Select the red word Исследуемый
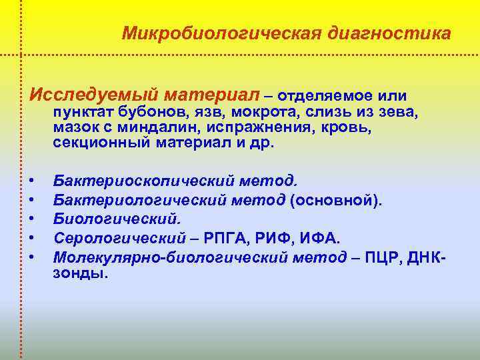click(82, 95)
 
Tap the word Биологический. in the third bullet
click(117, 218)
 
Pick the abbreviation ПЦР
click(389, 256)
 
